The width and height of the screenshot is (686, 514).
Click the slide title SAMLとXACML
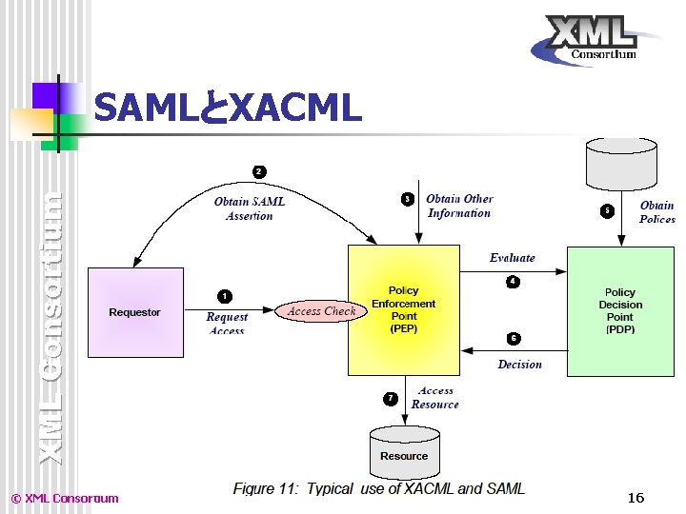click(x=229, y=109)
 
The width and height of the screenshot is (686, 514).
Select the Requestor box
click(x=135, y=312)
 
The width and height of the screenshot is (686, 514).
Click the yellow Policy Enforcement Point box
click(x=404, y=309)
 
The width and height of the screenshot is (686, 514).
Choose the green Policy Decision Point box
click(x=619, y=310)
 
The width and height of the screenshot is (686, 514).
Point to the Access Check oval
click(x=321, y=311)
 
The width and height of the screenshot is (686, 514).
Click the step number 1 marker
click(x=225, y=296)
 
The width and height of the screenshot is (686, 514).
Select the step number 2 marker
click(x=259, y=171)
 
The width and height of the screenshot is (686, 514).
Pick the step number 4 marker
click(x=513, y=282)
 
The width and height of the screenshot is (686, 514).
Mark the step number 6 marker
click(x=513, y=338)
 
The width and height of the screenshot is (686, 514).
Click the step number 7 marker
click(x=391, y=398)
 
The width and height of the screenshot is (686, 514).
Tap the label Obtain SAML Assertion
click(x=250, y=208)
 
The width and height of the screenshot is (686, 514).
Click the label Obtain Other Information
click(x=459, y=206)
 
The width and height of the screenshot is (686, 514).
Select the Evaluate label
click(x=513, y=258)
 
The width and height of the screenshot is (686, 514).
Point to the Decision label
click(x=519, y=365)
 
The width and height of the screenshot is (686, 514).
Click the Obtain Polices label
click(x=656, y=212)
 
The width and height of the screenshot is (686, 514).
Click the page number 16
click(x=636, y=498)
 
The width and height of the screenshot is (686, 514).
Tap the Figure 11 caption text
click(x=379, y=488)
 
